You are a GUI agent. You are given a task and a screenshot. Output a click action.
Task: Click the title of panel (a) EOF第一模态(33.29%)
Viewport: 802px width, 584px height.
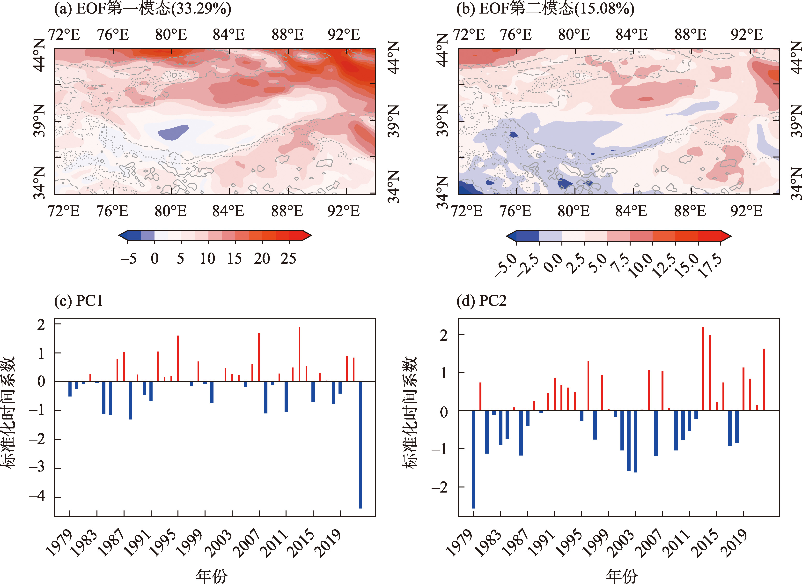tap(142, 8)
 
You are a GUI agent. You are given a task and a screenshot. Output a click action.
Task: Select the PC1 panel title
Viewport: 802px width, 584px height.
tap(79, 301)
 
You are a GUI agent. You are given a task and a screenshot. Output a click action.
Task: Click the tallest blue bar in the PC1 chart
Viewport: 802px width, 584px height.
tap(360, 445)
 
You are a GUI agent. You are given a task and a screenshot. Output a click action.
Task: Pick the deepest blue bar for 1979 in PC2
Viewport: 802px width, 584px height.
tap(473, 459)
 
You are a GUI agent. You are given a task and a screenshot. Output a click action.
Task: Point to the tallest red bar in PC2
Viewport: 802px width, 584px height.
tap(703, 369)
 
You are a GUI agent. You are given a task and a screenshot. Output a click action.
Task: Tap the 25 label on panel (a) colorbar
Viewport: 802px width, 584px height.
tap(288, 259)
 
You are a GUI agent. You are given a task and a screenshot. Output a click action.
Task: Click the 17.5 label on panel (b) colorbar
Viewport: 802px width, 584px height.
tap(711, 266)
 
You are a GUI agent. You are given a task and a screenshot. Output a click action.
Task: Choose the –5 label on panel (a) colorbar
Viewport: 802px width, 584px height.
tap(128, 259)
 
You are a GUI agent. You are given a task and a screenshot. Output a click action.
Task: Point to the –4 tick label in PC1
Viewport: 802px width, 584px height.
tap(37, 496)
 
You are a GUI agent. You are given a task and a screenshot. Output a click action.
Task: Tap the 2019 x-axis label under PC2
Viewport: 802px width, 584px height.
tap(734, 543)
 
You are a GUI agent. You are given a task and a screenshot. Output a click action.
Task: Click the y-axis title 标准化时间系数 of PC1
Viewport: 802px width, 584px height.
tap(8, 412)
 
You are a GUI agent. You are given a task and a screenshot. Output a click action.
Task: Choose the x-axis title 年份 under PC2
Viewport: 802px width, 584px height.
tap(622, 576)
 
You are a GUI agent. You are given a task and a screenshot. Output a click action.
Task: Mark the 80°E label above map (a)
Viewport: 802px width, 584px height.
tap(171, 35)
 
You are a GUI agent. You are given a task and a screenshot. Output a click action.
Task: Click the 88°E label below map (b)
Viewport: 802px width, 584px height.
tap(690, 211)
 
